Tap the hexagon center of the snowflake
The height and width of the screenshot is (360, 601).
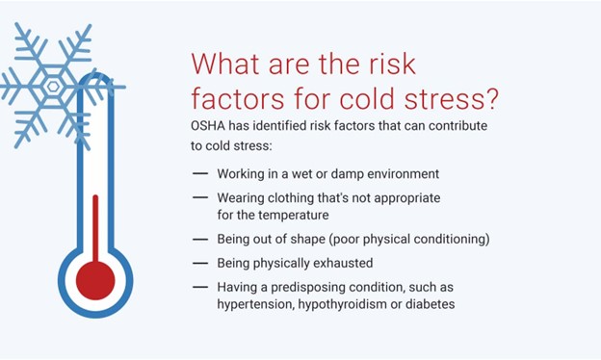(54, 86)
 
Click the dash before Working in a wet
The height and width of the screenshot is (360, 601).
(200, 173)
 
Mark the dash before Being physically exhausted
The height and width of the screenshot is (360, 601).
(200, 262)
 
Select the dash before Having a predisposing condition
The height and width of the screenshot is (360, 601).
(200, 286)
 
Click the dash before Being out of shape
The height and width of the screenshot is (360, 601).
(200, 239)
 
